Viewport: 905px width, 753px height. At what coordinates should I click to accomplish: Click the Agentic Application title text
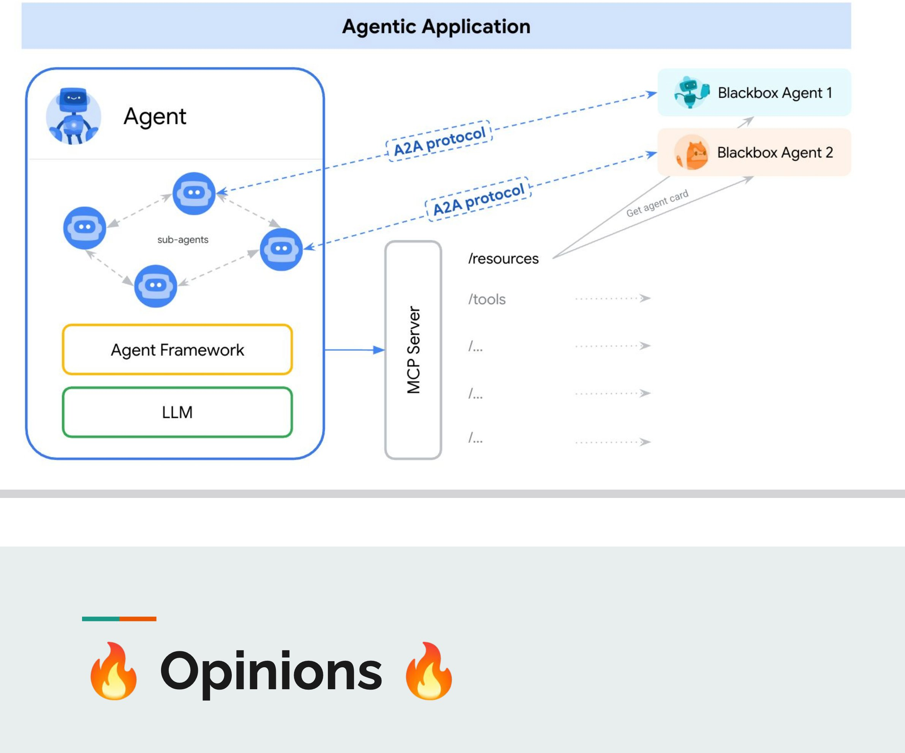tap(436, 27)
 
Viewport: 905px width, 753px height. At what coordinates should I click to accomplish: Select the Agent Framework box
tap(177, 350)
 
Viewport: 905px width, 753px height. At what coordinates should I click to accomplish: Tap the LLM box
tap(177, 413)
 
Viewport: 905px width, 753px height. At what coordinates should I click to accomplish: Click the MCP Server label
tap(413, 350)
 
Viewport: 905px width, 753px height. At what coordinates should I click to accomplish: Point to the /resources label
tap(503, 258)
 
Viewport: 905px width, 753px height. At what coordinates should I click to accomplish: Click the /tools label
tap(487, 299)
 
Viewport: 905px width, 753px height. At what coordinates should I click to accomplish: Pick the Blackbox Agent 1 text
tap(775, 93)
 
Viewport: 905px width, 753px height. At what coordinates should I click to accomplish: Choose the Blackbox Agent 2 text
tap(775, 153)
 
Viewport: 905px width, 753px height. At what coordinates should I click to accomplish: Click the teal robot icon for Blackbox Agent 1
tap(691, 92)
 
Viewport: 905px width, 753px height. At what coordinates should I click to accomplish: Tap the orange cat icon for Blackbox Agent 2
tap(692, 153)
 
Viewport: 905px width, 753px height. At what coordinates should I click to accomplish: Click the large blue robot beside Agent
tap(74, 116)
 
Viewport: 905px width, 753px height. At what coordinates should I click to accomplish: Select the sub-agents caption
tap(183, 240)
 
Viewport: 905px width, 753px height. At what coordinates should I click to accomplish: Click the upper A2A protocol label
tap(440, 141)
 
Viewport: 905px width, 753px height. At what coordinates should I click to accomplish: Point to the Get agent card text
tap(657, 203)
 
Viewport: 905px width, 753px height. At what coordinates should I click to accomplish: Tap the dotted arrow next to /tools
tap(613, 298)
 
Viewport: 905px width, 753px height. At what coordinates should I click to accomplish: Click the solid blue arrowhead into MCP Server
tap(379, 350)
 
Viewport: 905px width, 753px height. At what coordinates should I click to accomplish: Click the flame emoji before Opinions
tap(114, 671)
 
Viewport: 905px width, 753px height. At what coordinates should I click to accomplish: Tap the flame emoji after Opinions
tap(429, 671)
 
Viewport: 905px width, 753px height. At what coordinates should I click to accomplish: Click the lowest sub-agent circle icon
tap(155, 286)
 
